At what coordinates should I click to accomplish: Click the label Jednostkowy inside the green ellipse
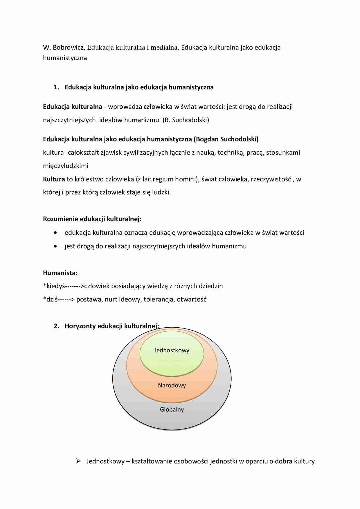[x=172, y=350]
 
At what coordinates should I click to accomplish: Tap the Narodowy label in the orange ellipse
[x=172, y=385]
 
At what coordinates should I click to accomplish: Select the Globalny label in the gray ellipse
[x=172, y=409]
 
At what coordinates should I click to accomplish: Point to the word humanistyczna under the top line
[x=65, y=58]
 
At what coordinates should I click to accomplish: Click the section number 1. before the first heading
[x=56, y=87]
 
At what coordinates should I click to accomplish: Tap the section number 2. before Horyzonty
[x=56, y=326]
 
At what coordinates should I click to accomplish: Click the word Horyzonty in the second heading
[x=80, y=326]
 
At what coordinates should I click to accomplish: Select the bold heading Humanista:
[x=60, y=273]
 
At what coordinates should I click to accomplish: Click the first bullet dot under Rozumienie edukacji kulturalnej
[x=55, y=233]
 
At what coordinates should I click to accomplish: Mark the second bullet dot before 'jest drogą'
[x=55, y=246]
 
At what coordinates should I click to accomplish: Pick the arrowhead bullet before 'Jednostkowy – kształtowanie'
[x=78, y=461]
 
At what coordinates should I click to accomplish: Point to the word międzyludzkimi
[x=66, y=166]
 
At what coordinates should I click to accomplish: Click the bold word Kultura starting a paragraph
[x=54, y=179]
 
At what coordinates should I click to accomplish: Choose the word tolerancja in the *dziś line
[x=159, y=299]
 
